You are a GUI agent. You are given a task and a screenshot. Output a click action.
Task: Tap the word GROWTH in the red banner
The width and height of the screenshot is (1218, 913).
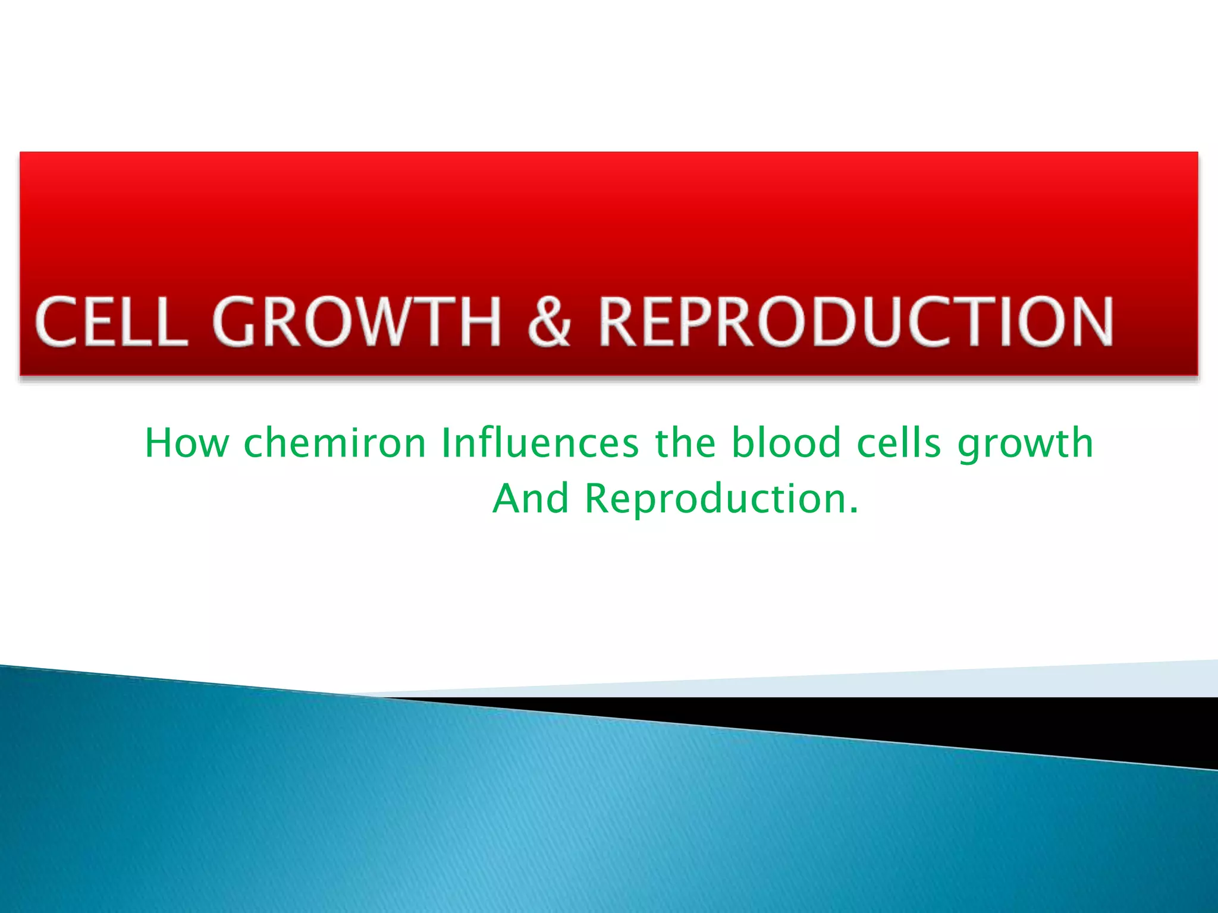coord(357,322)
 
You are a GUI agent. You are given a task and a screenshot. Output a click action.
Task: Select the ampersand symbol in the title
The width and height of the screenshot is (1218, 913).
coord(549,322)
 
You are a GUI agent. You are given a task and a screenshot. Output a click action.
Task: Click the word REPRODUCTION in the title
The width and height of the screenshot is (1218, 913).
coord(855,322)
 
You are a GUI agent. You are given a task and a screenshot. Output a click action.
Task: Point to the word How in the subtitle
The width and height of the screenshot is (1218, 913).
coord(187,443)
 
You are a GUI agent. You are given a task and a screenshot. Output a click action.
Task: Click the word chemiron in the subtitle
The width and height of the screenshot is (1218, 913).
coord(335,443)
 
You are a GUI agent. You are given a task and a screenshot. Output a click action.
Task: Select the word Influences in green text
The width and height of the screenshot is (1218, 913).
coord(540,443)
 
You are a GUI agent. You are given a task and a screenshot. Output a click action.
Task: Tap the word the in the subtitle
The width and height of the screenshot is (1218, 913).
coord(685,443)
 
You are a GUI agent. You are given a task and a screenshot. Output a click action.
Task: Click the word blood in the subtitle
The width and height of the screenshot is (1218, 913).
coord(786,443)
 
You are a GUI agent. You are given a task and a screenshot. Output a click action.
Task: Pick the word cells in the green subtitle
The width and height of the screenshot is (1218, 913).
coord(899,443)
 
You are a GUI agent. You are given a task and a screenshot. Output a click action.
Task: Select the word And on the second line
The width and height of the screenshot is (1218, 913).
coord(531,499)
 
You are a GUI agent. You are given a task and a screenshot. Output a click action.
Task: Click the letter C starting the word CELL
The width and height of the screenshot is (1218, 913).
coord(56,322)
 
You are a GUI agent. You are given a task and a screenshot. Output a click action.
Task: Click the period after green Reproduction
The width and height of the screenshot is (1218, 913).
coord(853,511)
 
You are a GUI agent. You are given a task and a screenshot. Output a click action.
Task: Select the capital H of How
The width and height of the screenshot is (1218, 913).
coord(158,443)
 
